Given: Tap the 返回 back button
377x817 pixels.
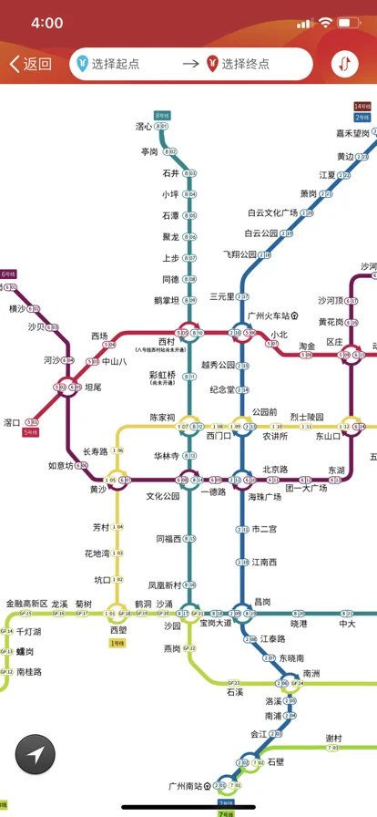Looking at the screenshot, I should pyautogui.click(x=30, y=64).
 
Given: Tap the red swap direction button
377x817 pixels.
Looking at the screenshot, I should pyautogui.click(x=345, y=64).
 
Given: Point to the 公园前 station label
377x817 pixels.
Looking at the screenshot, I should pyautogui.click(x=264, y=411).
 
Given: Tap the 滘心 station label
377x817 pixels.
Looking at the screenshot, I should pyautogui.click(x=144, y=127).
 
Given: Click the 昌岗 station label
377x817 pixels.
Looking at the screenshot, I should pyautogui.click(x=262, y=601).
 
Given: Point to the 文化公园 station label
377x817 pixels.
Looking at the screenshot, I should pyautogui.click(x=164, y=497).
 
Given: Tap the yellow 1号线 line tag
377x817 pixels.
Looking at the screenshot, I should pyautogui.click(x=117, y=643).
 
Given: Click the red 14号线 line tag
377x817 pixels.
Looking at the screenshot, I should pyautogui.click(x=362, y=107).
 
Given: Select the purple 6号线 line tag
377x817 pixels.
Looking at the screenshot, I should pyautogui.click(x=8, y=274).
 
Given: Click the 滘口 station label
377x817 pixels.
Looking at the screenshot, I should pyautogui.click(x=12, y=422).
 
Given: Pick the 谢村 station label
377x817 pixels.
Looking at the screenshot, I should pyautogui.click(x=333, y=738).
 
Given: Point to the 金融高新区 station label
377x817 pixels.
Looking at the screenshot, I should pyautogui.click(x=26, y=604).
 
